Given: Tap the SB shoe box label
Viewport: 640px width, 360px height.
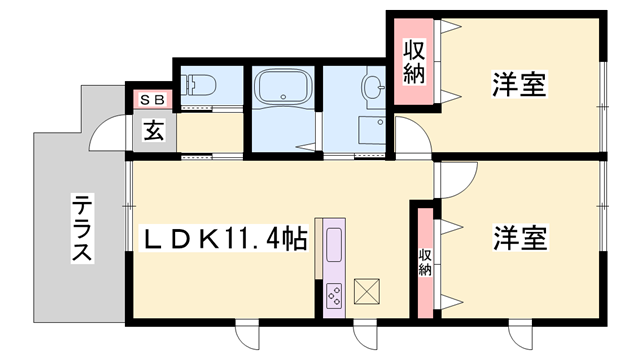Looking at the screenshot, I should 151,100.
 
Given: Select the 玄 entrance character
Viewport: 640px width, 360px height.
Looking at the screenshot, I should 154,130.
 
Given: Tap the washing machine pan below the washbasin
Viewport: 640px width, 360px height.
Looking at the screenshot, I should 371,131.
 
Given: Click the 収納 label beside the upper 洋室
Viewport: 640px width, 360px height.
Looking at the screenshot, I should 413,61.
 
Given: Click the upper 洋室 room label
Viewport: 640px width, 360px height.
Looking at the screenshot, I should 518,84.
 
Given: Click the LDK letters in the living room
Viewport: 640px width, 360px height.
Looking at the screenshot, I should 175,240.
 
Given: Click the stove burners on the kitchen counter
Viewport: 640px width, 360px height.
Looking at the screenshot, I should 334,294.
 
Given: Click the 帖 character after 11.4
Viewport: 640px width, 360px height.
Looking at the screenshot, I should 293,240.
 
